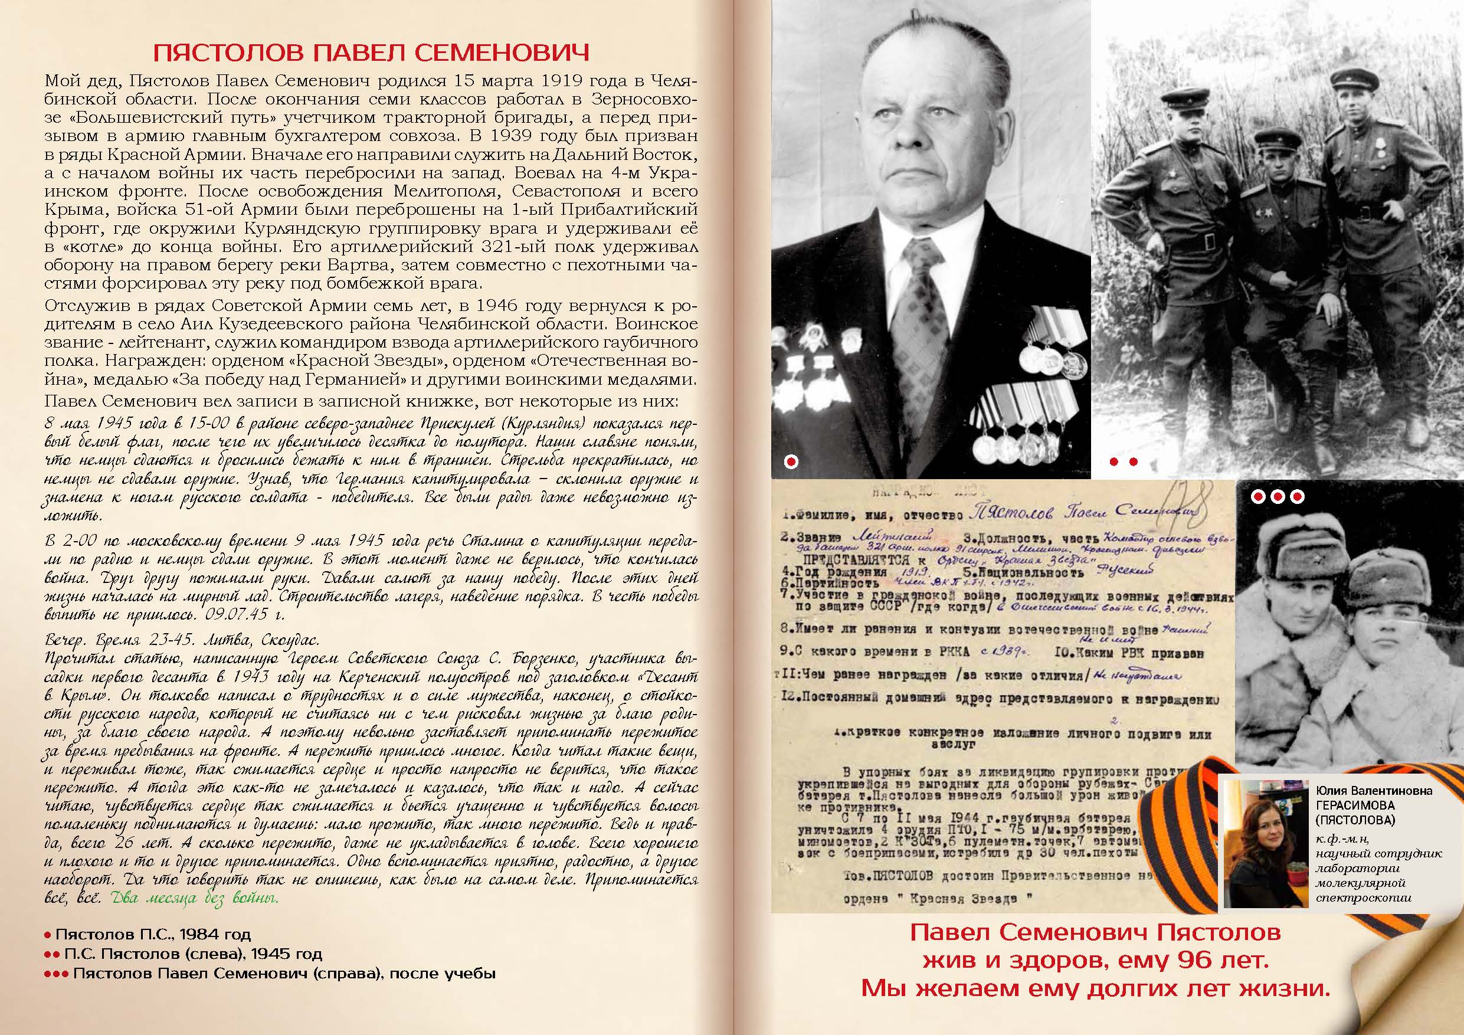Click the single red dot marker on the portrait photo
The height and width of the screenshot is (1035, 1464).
(791, 461)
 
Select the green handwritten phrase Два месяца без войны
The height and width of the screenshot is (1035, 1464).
(195, 899)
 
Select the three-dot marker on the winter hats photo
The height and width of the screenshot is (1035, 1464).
(1278, 497)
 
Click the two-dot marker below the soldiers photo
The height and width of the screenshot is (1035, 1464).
(1124, 461)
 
